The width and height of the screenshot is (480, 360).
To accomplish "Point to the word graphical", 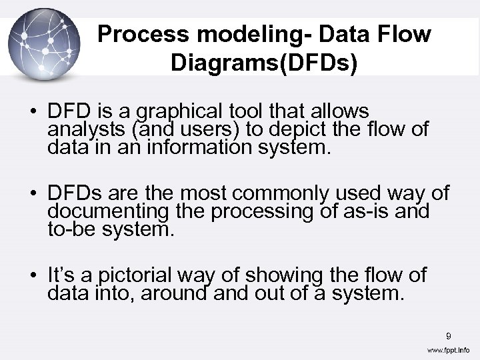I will point(179,111).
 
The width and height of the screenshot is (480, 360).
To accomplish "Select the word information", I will point(190,147).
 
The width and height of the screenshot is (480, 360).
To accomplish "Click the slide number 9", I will point(449,335).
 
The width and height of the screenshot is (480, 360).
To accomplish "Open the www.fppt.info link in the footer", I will point(448,350).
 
